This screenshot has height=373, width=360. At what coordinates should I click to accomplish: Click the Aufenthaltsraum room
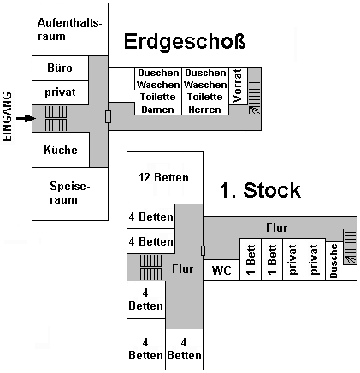(x=70, y=29)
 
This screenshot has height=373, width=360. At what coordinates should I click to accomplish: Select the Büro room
(x=60, y=68)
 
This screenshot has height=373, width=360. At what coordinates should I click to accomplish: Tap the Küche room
(x=61, y=150)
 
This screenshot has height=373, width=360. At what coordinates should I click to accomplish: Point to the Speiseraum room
(x=70, y=193)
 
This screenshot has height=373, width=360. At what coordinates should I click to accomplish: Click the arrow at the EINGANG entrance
(x=26, y=118)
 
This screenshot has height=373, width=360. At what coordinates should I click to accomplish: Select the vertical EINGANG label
(x=8, y=116)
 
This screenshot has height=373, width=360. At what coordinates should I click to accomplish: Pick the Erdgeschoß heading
(x=185, y=42)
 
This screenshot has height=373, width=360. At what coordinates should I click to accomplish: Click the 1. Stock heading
(x=260, y=190)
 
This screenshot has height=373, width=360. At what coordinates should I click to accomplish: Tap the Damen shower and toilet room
(x=158, y=92)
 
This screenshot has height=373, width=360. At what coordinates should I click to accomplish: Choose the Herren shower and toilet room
(x=205, y=92)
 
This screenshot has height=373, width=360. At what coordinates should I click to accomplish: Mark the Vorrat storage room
(x=238, y=86)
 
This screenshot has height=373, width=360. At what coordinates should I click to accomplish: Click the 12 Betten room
(x=165, y=178)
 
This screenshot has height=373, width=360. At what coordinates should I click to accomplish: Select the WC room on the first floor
(x=221, y=269)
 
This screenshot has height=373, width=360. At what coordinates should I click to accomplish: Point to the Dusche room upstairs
(x=333, y=261)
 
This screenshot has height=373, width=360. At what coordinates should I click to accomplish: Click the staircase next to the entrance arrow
(x=56, y=118)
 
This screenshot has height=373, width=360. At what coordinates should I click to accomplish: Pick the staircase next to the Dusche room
(x=350, y=247)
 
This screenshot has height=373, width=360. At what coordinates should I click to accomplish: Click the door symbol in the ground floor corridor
(x=108, y=116)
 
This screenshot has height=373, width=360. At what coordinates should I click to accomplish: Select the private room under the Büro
(x=60, y=92)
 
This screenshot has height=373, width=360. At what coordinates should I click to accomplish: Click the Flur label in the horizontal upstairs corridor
(x=276, y=228)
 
